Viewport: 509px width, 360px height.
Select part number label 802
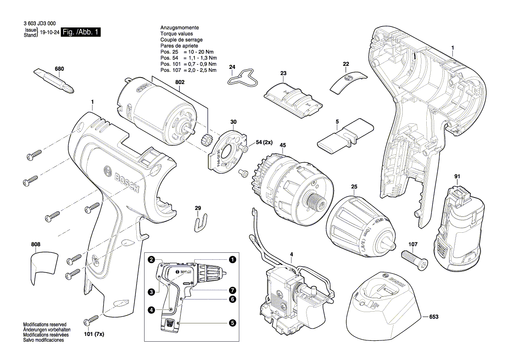(x=180, y=82)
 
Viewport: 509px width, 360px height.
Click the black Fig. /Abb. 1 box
(x=81, y=33)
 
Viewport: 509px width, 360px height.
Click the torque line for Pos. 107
(x=188, y=70)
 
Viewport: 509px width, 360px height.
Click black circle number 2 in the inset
(x=151, y=260)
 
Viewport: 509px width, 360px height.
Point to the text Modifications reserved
(x=44, y=325)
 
